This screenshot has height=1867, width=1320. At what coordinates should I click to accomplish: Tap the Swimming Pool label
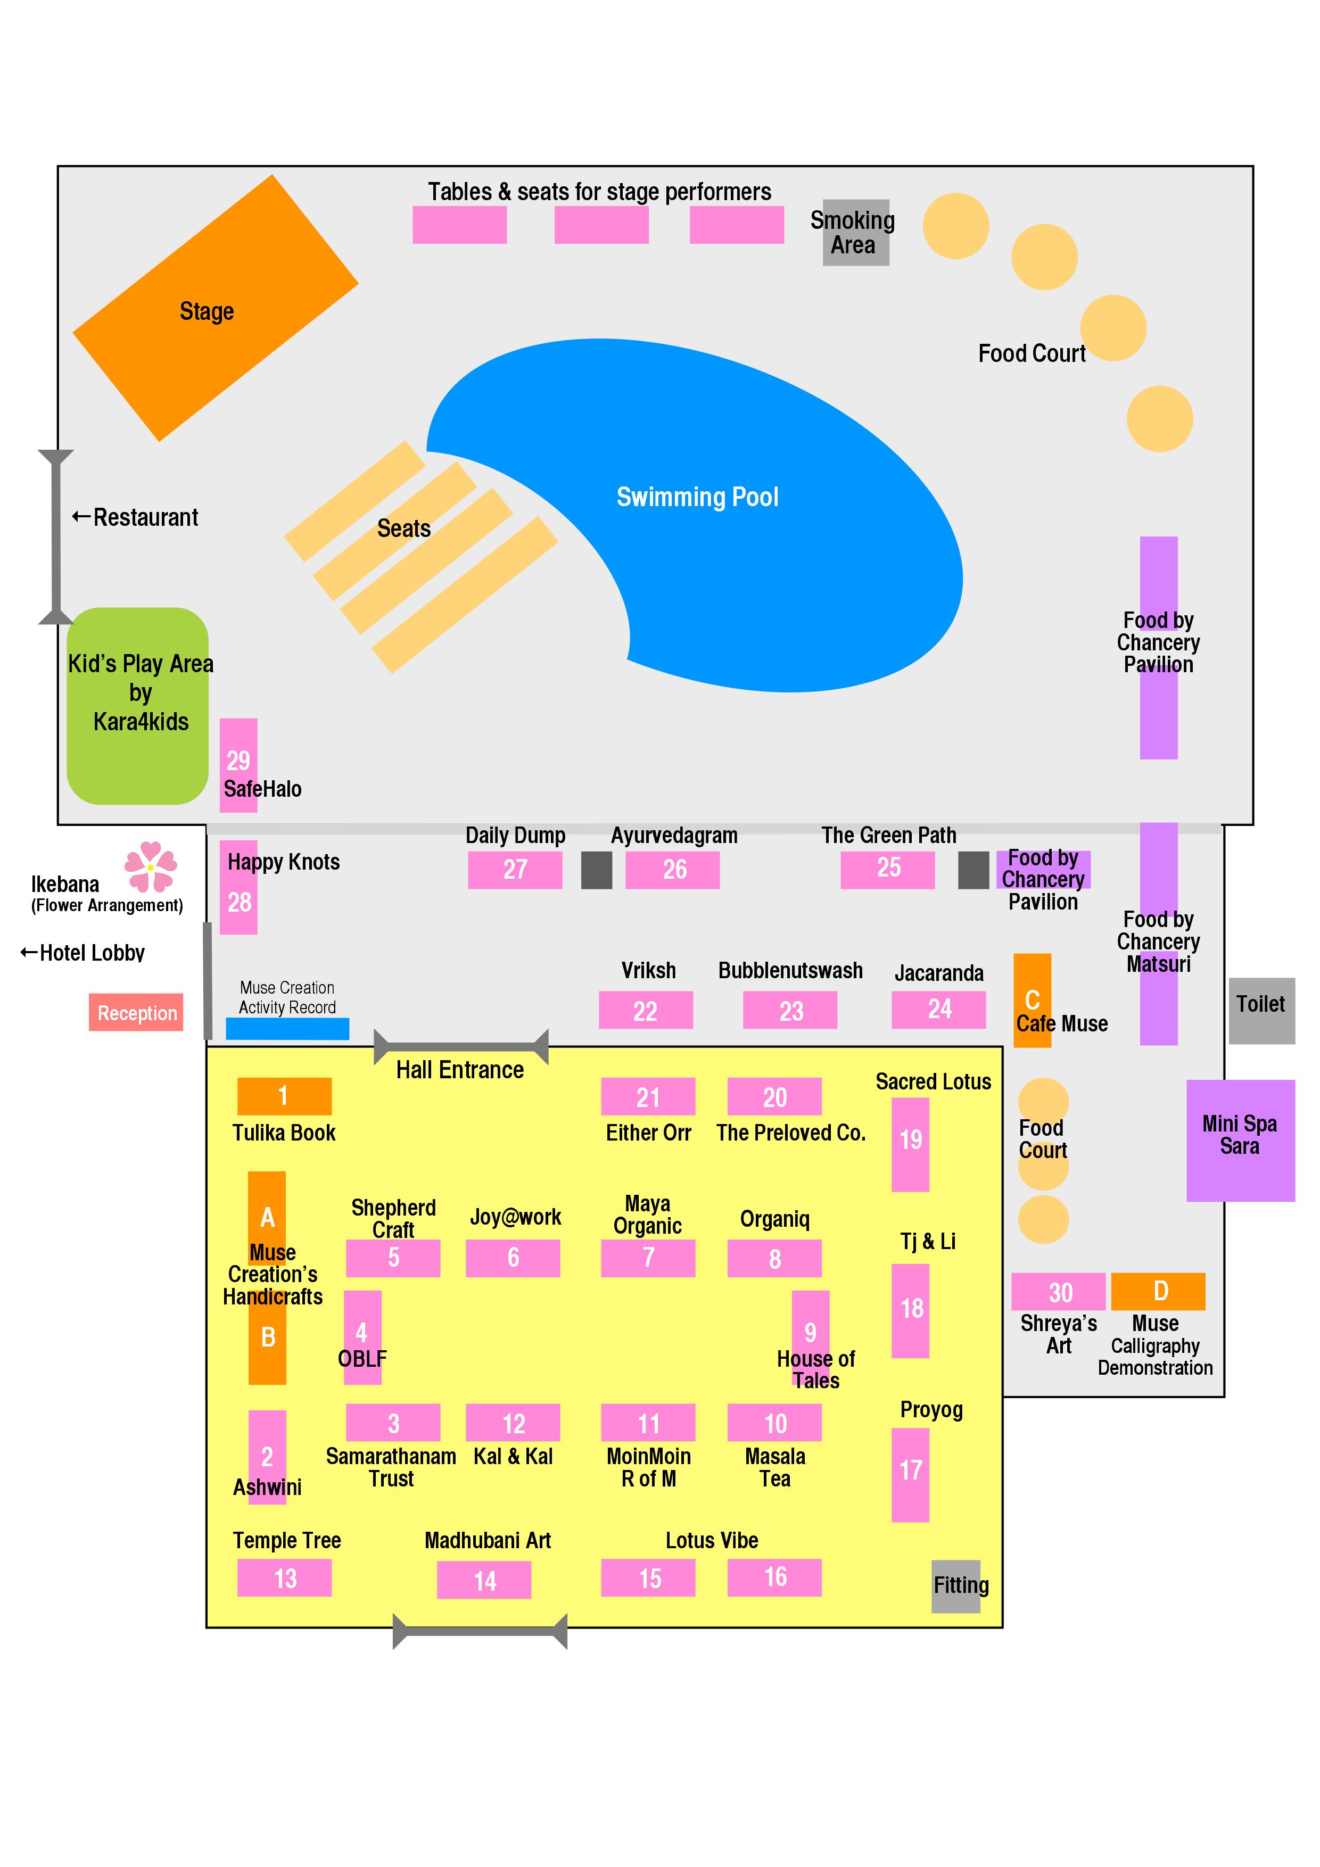[x=697, y=497]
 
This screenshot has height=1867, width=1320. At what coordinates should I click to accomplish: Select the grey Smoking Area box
[x=855, y=233]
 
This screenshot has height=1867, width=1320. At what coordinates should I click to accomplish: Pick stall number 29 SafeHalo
[x=238, y=764]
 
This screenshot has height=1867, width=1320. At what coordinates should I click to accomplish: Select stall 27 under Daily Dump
[x=515, y=869]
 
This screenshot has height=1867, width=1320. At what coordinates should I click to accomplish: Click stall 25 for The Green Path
[x=887, y=869]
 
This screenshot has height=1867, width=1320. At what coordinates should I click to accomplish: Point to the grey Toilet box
[x=1260, y=1011]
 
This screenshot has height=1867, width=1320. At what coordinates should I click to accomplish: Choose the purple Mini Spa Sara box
[x=1240, y=1140]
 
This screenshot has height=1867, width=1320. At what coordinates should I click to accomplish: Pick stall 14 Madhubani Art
[x=484, y=1581]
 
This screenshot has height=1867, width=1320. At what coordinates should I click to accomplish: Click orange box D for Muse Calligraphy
[x=1158, y=1291]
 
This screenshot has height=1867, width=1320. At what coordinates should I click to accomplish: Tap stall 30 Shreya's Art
[x=1058, y=1291]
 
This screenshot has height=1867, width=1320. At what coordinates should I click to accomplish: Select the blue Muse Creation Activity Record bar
[x=287, y=1029]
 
